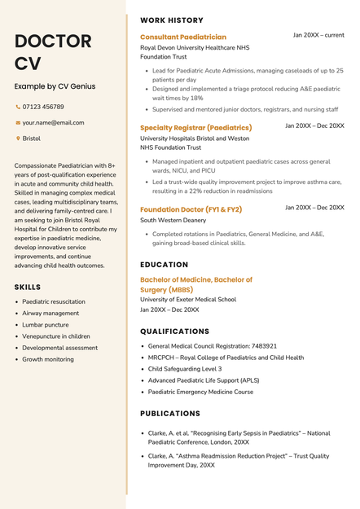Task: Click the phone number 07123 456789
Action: [x=43, y=107]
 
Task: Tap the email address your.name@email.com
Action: [x=53, y=123]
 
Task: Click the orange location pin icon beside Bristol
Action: [x=18, y=138]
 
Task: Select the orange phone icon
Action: [x=18, y=107]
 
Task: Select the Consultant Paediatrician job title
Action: [x=183, y=37]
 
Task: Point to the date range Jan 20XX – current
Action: [x=318, y=36]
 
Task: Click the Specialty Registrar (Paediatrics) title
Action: [x=195, y=128]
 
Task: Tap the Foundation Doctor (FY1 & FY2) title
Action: [x=191, y=209]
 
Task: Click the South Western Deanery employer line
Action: [x=173, y=221]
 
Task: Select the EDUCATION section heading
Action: [x=164, y=265]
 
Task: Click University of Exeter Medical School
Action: [x=188, y=299]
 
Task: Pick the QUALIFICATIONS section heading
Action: [x=174, y=331]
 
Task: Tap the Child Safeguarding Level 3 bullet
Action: [x=184, y=369]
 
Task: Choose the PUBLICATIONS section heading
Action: [x=170, y=414]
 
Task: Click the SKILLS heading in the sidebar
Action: [x=28, y=287]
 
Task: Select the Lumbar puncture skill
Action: [x=46, y=324]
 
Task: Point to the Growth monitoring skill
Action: [x=48, y=359]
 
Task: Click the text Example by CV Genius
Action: [x=55, y=86]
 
